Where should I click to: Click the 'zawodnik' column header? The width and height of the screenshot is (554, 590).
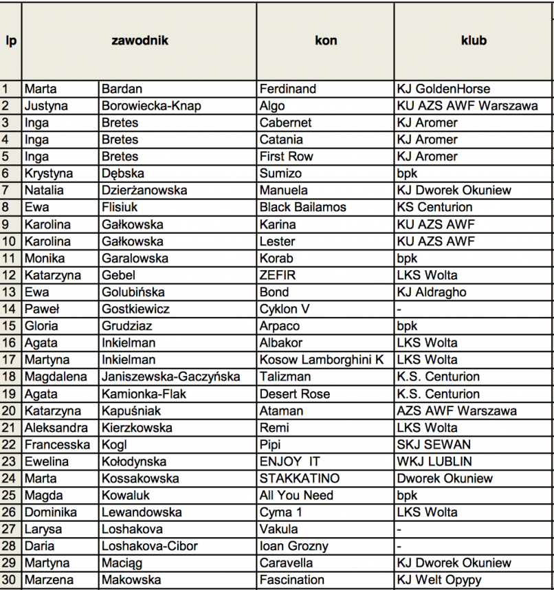point(140,41)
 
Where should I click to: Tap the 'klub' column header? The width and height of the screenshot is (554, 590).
point(474,41)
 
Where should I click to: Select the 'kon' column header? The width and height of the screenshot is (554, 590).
point(326,41)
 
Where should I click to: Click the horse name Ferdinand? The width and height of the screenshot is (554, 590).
point(288,89)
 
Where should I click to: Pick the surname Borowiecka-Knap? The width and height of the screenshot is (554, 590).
point(151,106)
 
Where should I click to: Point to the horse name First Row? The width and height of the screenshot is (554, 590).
point(286,156)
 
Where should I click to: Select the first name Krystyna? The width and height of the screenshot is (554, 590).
point(49,173)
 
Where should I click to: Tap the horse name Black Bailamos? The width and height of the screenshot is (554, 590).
point(303,207)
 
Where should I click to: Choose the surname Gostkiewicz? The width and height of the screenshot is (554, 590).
point(135,309)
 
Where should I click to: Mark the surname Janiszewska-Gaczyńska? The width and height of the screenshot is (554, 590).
point(171,377)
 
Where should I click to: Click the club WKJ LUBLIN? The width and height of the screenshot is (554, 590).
point(434,461)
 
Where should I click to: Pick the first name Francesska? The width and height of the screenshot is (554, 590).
point(57,444)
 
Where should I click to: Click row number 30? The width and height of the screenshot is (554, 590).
point(10,580)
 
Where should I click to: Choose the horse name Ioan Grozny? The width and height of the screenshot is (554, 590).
point(294,546)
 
